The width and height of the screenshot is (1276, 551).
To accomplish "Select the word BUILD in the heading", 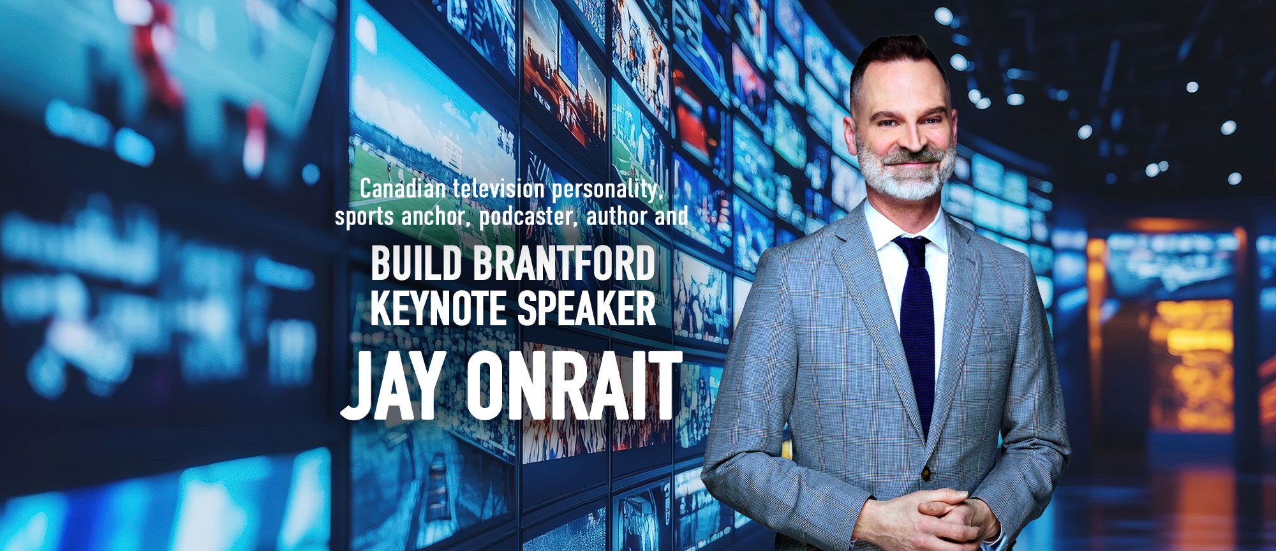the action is click(416, 264).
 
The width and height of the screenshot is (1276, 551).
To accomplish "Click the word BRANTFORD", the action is click(565, 264).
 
